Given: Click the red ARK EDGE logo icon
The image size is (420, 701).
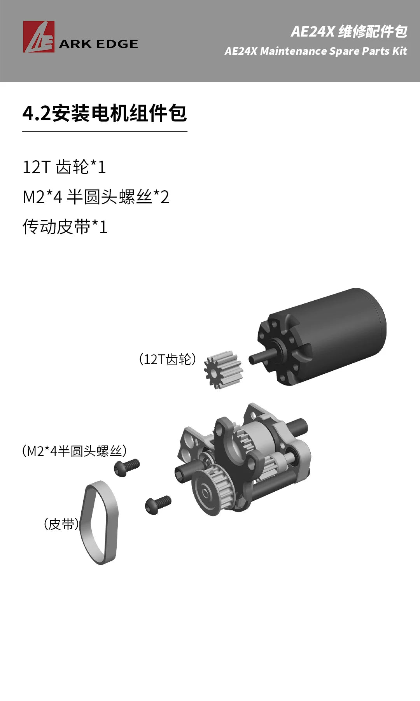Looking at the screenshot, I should (x=38, y=37).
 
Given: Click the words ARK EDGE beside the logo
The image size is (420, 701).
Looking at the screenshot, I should (x=98, y=44).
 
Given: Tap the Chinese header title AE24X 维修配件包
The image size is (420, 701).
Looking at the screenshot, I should (x=349, y=32).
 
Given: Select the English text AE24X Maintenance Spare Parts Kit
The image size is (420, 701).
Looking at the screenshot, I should (x=315, y=51).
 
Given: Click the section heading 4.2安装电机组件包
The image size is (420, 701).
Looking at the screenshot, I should (x=105, y=114).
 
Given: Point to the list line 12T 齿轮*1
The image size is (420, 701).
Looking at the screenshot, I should (x=64, y=167).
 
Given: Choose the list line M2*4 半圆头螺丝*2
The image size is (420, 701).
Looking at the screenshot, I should (x=96, y=197).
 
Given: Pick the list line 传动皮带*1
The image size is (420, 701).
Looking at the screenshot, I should (x=65, y=227).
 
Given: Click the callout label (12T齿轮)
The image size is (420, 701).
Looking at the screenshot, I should (x=167, y=359).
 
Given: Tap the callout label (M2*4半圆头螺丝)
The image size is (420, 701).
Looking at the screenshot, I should (x=74, y=451).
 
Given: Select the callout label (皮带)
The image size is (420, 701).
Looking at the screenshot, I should (x=61, y=524).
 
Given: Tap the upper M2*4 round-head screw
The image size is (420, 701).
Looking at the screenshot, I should (x=127, y=467).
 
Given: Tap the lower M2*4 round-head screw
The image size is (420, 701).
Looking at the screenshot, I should (x=158, y=505).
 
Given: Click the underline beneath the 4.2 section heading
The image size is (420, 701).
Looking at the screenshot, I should (x=105, y=132).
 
